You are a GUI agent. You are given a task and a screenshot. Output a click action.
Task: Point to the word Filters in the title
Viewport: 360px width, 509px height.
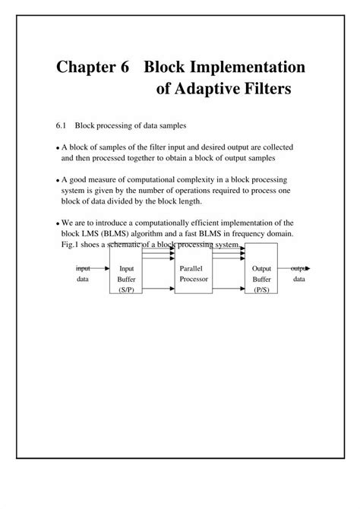264,90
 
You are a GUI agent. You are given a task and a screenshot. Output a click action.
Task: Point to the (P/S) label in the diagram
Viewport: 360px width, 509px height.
261,290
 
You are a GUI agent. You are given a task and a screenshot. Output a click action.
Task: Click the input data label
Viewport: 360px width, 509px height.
83,273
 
